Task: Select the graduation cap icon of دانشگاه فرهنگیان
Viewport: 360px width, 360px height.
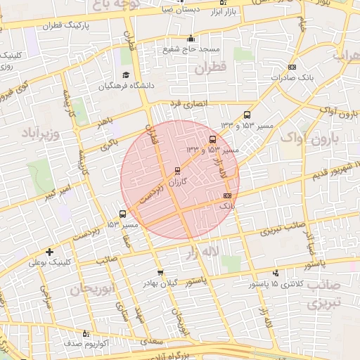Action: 126,75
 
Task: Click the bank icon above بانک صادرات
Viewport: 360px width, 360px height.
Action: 292,67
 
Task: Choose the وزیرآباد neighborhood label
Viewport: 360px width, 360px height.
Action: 42,132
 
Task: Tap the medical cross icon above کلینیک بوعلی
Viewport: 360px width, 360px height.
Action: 49,252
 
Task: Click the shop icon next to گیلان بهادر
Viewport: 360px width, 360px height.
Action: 160,273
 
